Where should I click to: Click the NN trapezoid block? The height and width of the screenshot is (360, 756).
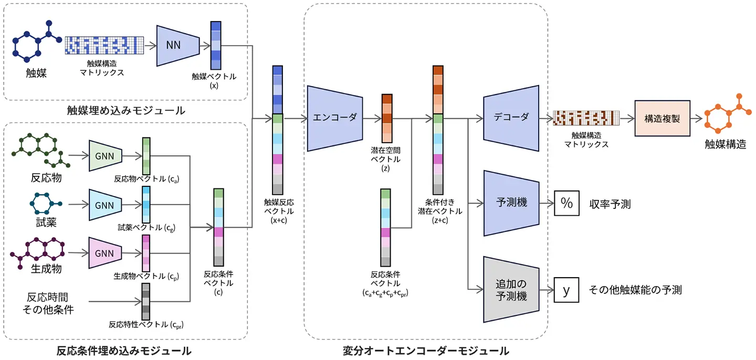(x=177, y=45)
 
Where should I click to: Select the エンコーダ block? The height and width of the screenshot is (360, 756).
(x=334, y=118)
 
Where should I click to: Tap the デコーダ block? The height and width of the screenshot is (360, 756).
(x=511, y=117)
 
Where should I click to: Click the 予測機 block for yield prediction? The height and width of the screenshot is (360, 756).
(x=511, y=202)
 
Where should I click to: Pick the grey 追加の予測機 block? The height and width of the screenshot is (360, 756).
(x=511, y=289)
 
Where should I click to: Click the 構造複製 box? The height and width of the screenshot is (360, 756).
(x=662, y=118)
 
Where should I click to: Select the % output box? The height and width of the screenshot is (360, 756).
(x=566, y=203)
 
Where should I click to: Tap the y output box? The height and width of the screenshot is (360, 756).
(x=566, y=290)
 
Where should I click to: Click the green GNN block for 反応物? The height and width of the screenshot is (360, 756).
(x=106, y=156)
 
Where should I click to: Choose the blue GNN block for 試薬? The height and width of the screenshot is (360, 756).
(x=106, y=205)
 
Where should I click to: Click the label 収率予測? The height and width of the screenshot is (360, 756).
(x=610, y=204)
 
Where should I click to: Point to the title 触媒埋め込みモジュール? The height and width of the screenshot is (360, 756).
(x=126, y=111)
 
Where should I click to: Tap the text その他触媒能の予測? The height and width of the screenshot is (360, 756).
(x=635, y=290)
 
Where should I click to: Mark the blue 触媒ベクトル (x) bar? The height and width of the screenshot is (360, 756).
(x=216, y=46)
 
